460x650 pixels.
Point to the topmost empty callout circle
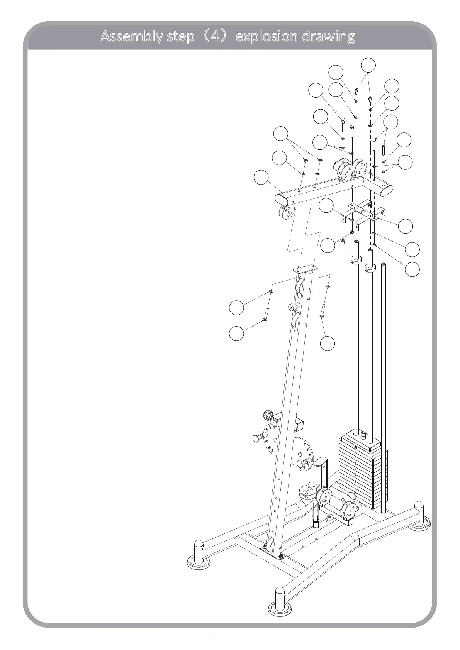[368, 65]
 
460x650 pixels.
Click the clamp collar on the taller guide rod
[356, 259]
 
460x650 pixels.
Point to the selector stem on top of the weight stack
[363, 435]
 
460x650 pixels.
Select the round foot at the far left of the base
[199, 555]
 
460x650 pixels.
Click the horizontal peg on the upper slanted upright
[294, 306]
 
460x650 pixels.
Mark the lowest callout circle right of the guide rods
[412, 269]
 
